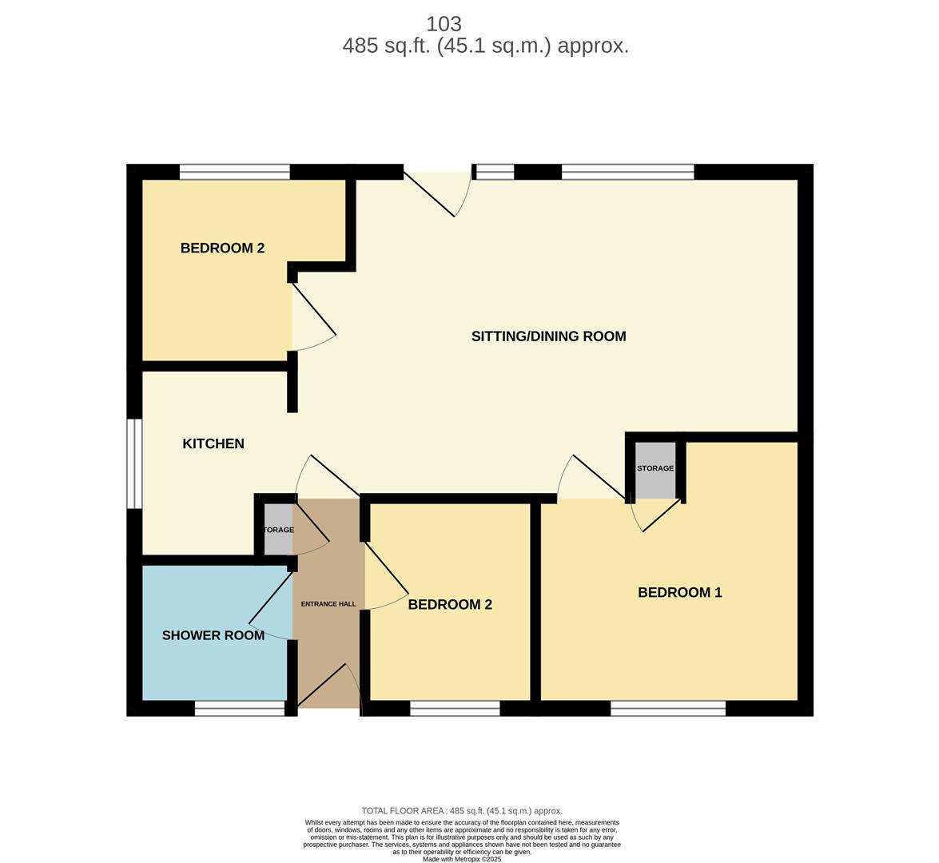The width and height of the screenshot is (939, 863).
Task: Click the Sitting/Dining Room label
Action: point(548,336)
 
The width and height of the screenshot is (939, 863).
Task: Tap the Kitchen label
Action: point(213,443)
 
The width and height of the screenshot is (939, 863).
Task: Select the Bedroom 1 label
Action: point(680,593)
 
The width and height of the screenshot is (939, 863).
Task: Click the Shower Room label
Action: point(213,635)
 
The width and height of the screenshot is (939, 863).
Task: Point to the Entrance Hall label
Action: point(328,603)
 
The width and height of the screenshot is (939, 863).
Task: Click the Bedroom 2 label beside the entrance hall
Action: point(450,605)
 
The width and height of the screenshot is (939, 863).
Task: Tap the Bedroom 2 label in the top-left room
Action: point(222,248)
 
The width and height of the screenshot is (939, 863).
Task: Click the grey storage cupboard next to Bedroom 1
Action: point(655,470)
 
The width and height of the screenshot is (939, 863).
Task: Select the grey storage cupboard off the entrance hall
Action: point(278,530)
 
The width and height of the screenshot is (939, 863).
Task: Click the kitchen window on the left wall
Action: point(134,463)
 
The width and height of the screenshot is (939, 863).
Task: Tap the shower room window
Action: point(240,709)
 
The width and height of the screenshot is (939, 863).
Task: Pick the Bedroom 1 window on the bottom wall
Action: point(668,709)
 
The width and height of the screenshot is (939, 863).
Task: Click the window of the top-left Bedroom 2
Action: point(235,172)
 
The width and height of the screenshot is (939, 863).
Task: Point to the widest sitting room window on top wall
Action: point(627,172)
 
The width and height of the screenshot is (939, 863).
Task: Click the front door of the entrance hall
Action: point(328,689)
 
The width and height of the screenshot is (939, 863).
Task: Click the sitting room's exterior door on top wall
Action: point(437,193)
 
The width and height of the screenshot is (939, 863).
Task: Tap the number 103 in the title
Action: point(444,24)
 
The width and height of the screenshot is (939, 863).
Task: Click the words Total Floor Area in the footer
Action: point(403,811)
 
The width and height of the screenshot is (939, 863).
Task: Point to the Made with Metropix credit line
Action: point(462,859)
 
